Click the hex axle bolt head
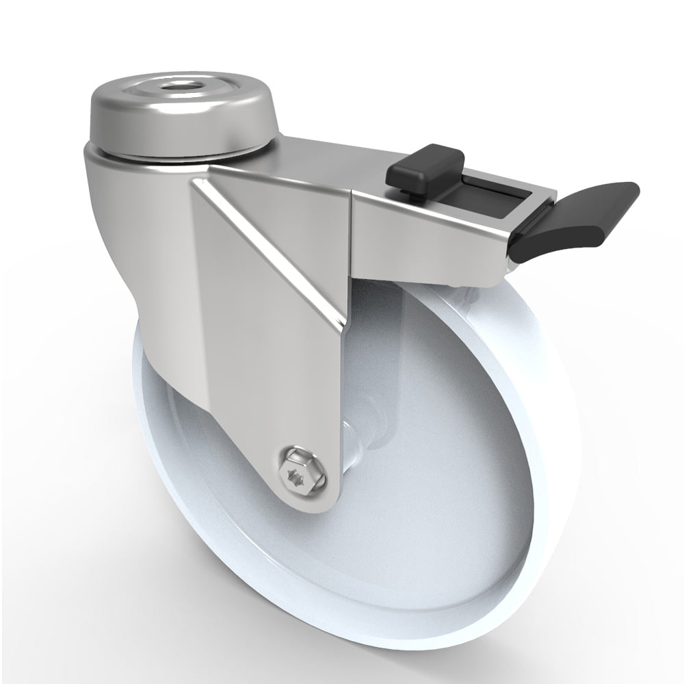coord(300,470)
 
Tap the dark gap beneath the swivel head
coord(157,159)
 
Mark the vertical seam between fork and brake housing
coord(352,233)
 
